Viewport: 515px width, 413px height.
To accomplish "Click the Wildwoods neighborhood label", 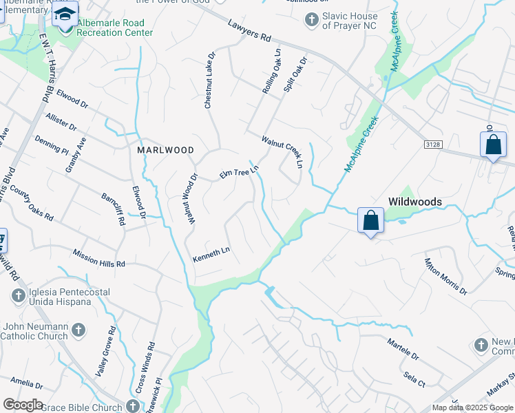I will click(414, 201).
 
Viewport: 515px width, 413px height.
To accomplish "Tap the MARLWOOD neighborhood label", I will click(165, 149).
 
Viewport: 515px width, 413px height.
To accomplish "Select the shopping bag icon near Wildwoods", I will click(370, 222).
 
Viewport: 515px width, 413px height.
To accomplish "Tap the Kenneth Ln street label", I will click(211, 255).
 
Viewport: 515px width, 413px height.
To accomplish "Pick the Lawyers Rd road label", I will click(251, 31).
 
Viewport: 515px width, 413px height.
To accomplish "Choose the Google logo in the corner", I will click(22, 405).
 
